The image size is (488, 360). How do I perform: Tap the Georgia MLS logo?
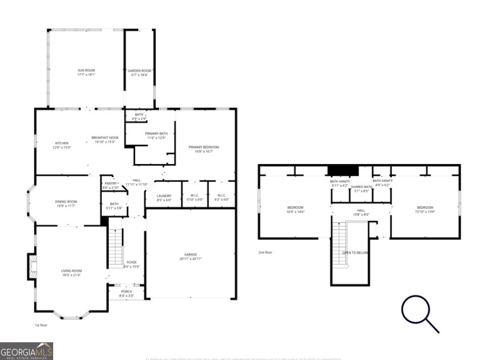coord(26,351)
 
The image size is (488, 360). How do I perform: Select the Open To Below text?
coord(355,252)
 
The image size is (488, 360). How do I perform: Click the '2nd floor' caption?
coord(266,252)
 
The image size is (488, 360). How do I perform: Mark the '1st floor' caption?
coord(41,325)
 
